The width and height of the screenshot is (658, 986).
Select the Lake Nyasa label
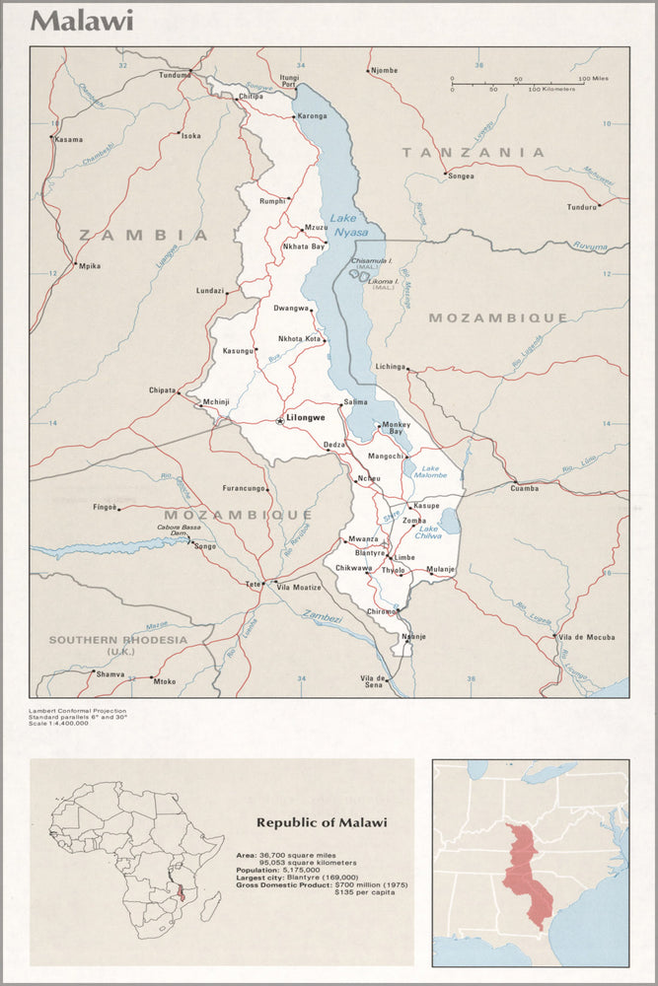tap(348, 225)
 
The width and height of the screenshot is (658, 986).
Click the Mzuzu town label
tap(316, 227)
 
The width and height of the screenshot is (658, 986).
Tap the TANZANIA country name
tap(473, 152)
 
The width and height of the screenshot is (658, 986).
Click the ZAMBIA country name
tap(144, 235)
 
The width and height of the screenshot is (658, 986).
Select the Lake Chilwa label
tap(428, 532)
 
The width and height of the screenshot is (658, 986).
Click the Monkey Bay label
tap(396, 428)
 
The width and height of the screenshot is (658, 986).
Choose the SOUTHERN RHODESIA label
tap(117, 640)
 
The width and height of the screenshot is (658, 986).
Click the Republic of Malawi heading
tap(322, 821)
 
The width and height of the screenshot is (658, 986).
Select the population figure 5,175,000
tap(305, 870)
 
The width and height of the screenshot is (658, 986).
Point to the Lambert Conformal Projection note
tap(76, 708)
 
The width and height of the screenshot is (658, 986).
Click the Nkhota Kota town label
tap(299, 339)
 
